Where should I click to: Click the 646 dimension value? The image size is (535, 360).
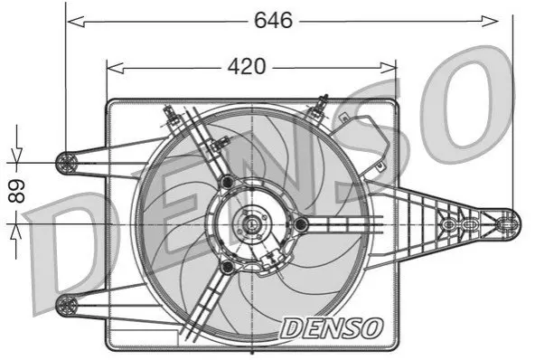coord(273,20)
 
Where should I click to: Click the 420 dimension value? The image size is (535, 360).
coord(247,66)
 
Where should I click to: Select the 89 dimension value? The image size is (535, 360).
coord(17,191)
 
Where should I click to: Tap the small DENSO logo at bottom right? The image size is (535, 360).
coord(332,328)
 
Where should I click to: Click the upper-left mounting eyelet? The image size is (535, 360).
coord(67,163)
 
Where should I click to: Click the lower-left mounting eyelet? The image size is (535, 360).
coord(67,305)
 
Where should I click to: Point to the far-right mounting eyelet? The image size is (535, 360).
coord(507,224)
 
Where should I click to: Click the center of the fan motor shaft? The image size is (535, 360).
coord(252,224)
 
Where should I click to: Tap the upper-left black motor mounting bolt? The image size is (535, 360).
coord(227,182)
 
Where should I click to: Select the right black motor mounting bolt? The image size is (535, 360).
coord(301,224)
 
